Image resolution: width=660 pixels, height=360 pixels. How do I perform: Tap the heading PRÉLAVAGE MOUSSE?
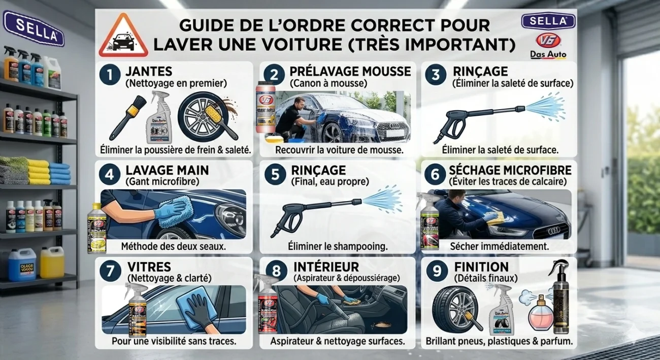tap(350, 72)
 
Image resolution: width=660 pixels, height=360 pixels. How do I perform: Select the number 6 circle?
tap(435, 174)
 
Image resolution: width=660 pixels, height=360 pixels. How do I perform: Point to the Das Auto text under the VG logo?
tap(548, 54)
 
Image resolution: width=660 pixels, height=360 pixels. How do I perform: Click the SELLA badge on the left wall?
tap(34, 23)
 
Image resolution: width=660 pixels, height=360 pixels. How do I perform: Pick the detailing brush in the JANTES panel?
tap(127, 117)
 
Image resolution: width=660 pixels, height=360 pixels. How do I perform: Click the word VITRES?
tap(143, 267)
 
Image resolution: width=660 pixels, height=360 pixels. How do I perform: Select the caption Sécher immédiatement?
tap(500, 247)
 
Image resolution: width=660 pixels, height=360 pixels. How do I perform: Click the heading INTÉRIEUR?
tap(326, 267)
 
